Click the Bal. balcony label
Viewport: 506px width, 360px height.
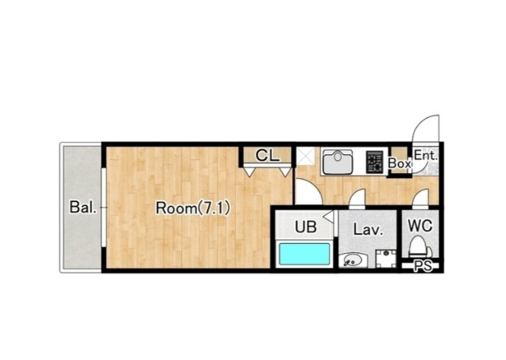coord(84,207)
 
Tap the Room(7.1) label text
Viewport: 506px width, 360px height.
coord(193,208)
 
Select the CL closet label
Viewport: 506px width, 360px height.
coord(267,156)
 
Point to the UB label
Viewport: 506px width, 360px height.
coord(305,227)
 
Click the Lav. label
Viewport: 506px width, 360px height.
coord(368,229)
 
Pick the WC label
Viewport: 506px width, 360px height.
coord(420,226)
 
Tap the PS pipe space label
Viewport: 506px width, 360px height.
coord(422,266)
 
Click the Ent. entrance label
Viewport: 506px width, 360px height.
coord(426,156)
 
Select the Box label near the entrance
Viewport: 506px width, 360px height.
coord(400,163)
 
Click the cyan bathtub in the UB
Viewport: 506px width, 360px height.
coord(305,254)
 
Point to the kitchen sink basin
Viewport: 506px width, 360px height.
coord(337,162)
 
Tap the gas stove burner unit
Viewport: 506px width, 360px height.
coord(375,162)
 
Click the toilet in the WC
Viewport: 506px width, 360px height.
coord(420,247)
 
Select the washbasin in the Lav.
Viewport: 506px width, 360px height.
coord(353,260)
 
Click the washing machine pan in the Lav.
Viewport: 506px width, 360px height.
coord(386,259)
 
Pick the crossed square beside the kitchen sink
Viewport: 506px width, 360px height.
coord(305,156)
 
